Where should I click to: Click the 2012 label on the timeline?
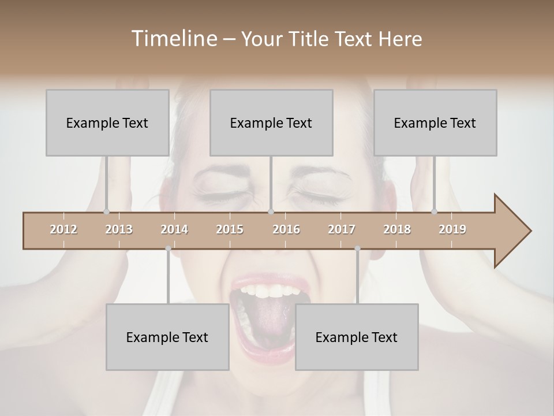coord(63,229)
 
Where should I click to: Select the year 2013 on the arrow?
coord(119,229)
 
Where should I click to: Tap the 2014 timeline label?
coord(174,229)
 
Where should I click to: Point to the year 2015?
coord(230,229)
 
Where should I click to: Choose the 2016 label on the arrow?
coord(286,229)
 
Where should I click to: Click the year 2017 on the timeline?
coord(342,229)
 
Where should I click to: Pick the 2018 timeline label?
coord(397,229)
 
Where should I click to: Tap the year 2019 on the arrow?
coord(452,229)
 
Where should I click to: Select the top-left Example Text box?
coord(107,122)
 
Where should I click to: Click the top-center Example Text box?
coord(271,122)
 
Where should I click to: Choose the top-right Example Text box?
coord(435,122)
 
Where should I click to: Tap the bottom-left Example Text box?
coord(167,337)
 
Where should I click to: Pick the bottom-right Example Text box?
coord(357,337)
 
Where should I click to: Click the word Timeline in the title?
coord(173,39)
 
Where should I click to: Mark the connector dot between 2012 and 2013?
coord(106,211)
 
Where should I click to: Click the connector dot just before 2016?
coord(271,211)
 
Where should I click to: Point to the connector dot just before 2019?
coord(434,211)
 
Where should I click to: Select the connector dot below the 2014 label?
coord(168,248)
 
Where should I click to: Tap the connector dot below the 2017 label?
coord(357,248)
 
